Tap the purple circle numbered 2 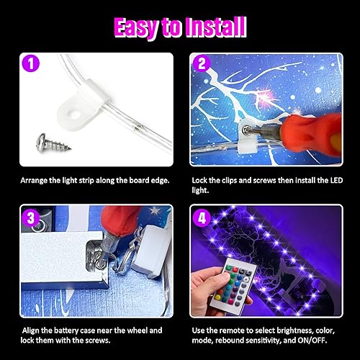[x=202, y=64]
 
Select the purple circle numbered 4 [x=202, y=216]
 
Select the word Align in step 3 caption [x=30, y=330]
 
